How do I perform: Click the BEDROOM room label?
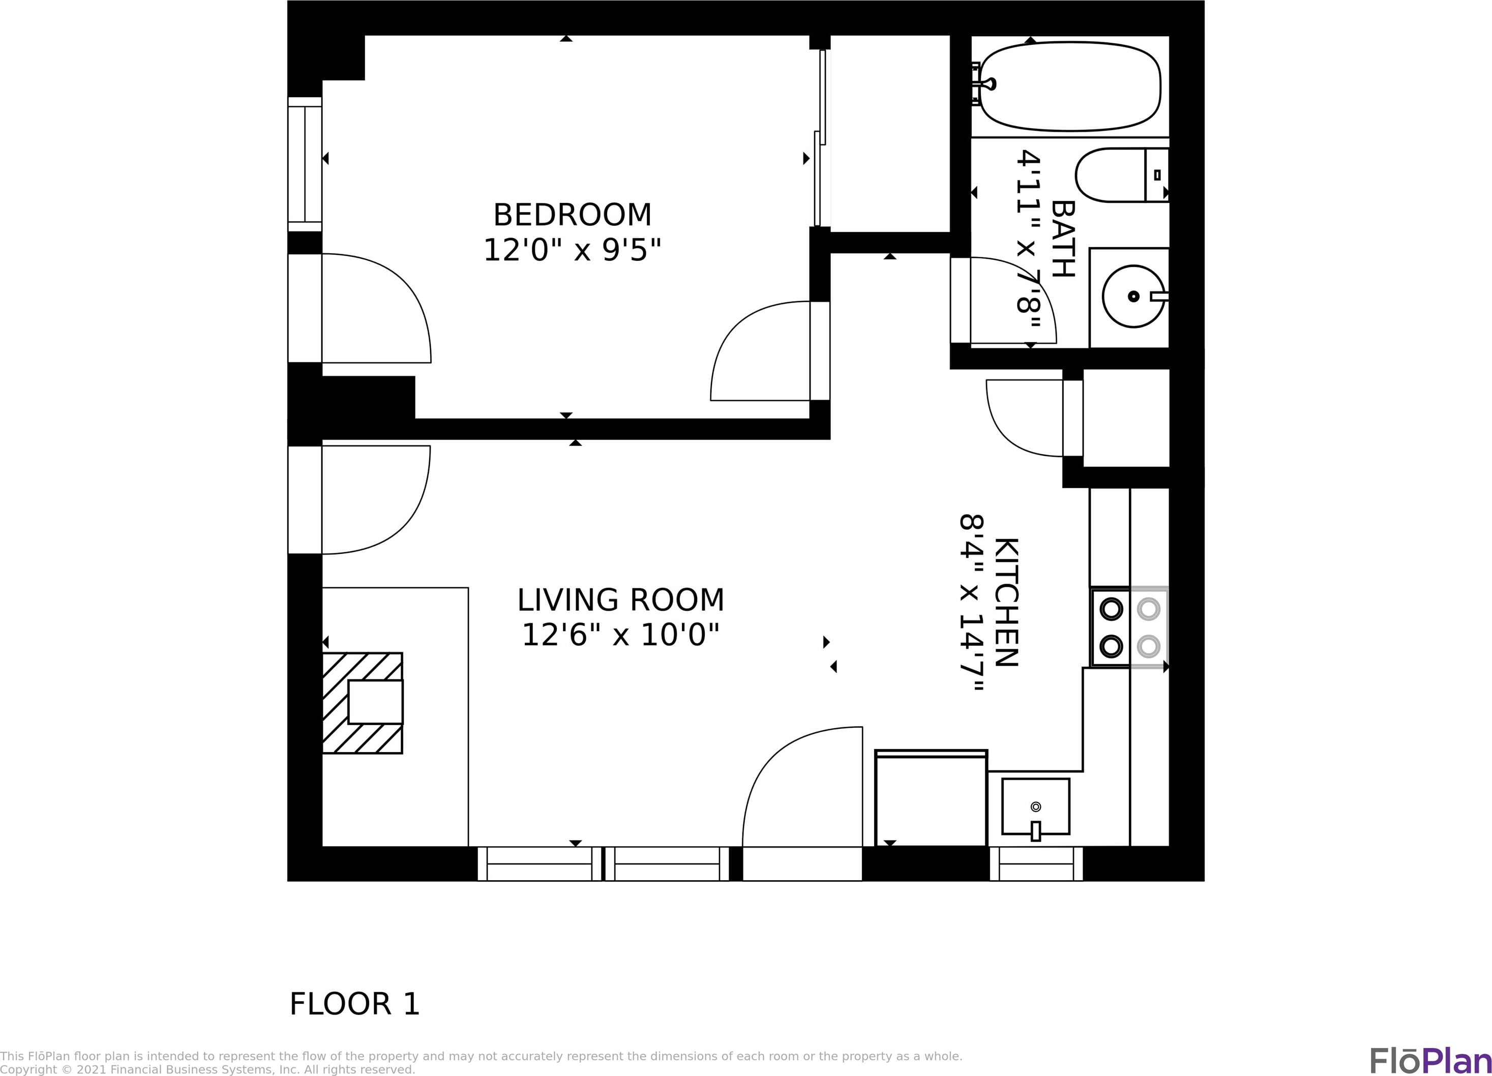572,215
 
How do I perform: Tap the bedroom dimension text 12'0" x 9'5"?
572,250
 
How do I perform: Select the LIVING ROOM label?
620,600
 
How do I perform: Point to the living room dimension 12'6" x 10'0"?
620,635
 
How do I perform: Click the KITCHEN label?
1006,603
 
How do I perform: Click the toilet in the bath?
1122,175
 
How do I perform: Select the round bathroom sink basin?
1133,296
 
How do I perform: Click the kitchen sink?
1035,806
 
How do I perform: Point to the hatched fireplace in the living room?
363,702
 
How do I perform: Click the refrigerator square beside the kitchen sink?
931,798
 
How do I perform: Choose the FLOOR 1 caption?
354,1004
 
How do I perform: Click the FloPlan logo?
1430,1060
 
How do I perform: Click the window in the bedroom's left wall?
305,164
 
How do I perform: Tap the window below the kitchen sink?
1036,863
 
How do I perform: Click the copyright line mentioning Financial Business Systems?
207,1069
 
